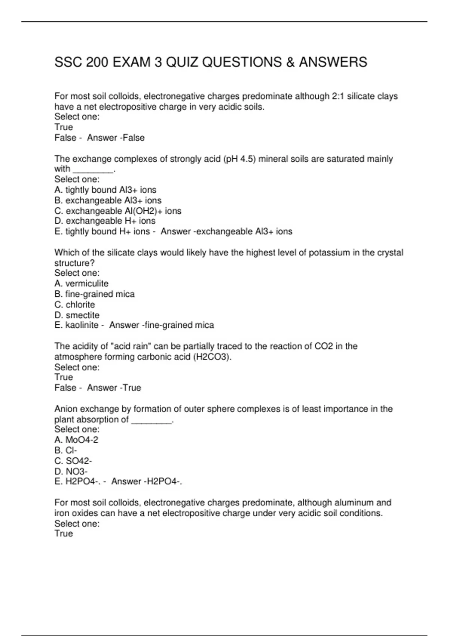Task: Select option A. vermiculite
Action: [81, 284]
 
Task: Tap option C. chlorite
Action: [74, 305]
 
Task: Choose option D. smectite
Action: [77, 315]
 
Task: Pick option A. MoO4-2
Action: [76, 440]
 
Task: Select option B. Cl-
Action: [65, 450]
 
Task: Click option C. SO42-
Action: [73, 461]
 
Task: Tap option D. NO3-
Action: [71, 471]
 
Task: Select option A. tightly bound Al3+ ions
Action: [105, 190]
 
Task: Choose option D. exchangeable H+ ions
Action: [105, 221]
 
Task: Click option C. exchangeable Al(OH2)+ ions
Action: [117, 211]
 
